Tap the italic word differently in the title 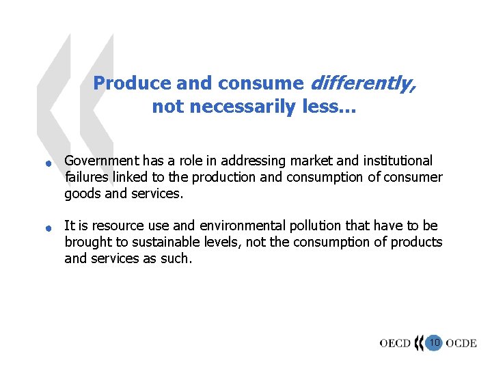(x=363, y=83)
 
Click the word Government (x=102, y=161)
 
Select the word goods (x=81, y=194)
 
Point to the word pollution (x=312, y=226)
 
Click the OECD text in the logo (x=395, y=343)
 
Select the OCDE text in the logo (x=461, y=343)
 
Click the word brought (x=86, y=243)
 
